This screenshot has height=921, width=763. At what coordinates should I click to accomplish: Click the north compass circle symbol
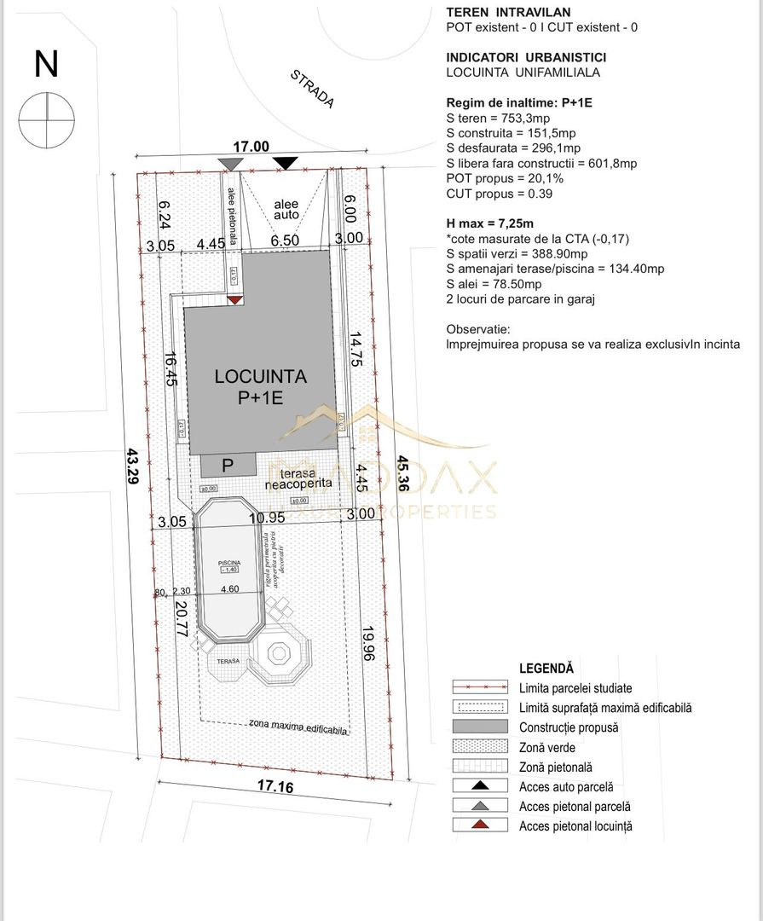pyautogui.click(x=46, y=118)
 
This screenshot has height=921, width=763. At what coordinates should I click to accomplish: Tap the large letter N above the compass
pyautogui.click(x=46, y=64)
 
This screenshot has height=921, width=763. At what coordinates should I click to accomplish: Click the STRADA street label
pyautogui.click(x=312, y=88)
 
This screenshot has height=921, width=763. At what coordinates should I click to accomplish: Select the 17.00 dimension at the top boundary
pyautogui.click(x=251, y=147)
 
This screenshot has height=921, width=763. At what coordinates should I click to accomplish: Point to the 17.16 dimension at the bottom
pyautogui.click(x=274, y=786)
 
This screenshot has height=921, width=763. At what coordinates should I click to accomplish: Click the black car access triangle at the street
pyautogui.click(x=285, y=163)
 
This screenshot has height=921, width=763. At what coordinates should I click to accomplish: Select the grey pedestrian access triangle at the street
pyautogui.click(x=229, y=163)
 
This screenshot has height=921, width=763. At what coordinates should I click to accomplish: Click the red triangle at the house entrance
pyautogui.click(x=234, y=299)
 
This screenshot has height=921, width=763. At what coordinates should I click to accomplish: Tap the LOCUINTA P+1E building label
pyautogui.click(x=261, y=386)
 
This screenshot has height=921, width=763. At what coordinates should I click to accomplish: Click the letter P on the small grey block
pyautogui.click(x=228, y=466)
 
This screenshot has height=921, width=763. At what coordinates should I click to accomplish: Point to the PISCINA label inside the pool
pyautogui.click(x=228, y=563)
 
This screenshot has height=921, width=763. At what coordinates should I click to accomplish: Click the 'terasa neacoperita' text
pyautogui.click(x=297, y=479)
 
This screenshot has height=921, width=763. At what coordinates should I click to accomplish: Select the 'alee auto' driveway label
pyautogui.click(x=286, y=210)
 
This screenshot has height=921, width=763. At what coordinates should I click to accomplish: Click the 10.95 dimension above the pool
pyautogui.click(x=266, y=518)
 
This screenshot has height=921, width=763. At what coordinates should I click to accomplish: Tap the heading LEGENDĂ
pyautogui.click(x=546, y=669)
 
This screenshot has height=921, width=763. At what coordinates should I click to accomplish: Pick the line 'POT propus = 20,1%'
pyautogui.click(x=505, y=179)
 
